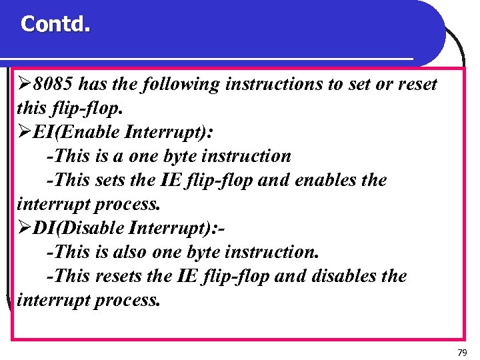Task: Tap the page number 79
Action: pyautogui.click(x=462, y=351)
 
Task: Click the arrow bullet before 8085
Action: pyautogui.click(x=25, y=85)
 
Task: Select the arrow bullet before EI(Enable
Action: pyautogui.click(x=25, y=133)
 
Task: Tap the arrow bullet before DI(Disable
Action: pyautogui.click(x=25, y=229)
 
